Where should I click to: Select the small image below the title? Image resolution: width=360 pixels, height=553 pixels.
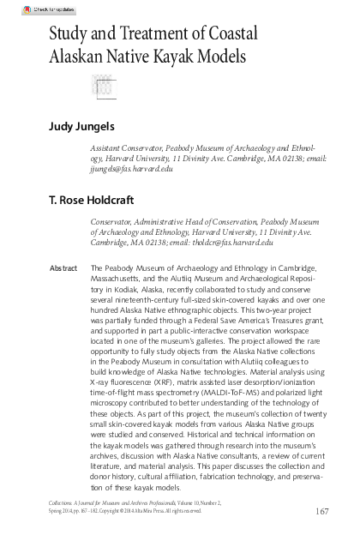102,86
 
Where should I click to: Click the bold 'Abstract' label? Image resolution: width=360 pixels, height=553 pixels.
63,268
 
